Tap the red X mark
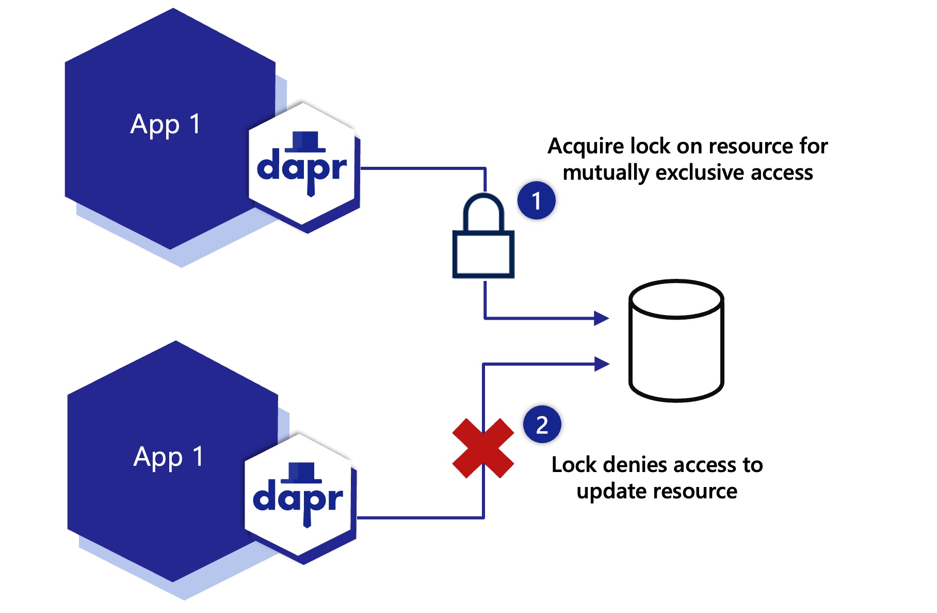pyautogui.click(x=483, y=448)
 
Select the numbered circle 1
pyautogui.click(x=537, y=200)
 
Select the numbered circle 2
pyautogui.click(x=542, y=425)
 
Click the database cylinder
pyautogui.click(x=676, y=341)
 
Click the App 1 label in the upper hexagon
pyautogui.click(x=165, y=125)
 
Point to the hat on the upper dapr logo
pyautogui.click(x=305, y=141)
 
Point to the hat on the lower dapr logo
pyautogui.click(x=301, y=473)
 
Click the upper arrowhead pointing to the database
pyautogui.click(x=601, y=318)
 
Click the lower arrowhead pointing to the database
pyautogui.click(x=602, y=364)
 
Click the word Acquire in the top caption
pyautogui.click(x=586, y=147)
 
